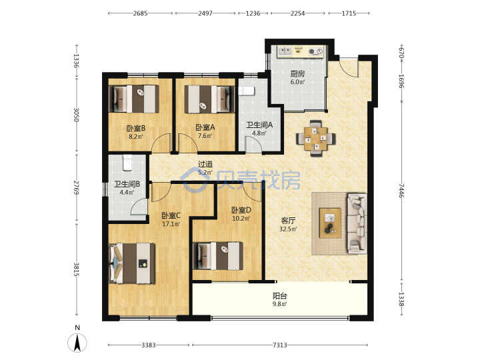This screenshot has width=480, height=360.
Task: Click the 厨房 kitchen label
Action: pos(297,74)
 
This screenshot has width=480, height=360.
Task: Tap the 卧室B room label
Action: pos(136,128)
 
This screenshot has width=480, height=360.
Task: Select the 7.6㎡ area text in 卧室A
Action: pos(205,135)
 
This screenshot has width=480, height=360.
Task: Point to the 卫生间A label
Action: pos(259,125)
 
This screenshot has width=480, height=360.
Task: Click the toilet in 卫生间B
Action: pos(127,163)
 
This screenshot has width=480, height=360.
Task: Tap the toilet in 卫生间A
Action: pos(246,91)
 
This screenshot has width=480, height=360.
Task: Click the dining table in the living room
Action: pos(315,139)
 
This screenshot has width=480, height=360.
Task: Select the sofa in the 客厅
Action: pos(357,223)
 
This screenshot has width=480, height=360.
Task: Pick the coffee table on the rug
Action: pos(330,223)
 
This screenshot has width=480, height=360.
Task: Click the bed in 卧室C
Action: pos(132,263)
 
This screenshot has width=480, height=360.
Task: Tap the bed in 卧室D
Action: pos(218,256)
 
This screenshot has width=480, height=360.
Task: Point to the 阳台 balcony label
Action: pos(280,296)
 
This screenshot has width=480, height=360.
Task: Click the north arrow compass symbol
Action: pos(77,342)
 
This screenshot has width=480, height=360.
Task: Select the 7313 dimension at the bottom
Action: pos(280,345)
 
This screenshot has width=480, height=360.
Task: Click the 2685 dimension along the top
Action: pos(140,13)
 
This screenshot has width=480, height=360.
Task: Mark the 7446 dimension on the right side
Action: pos(401,191)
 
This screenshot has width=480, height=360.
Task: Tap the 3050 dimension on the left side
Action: pos(76,115)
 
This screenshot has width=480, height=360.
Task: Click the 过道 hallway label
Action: pos(205,165)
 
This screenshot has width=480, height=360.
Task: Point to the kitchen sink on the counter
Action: pos(285,51)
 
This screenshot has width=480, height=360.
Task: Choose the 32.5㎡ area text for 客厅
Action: pos(288,229)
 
